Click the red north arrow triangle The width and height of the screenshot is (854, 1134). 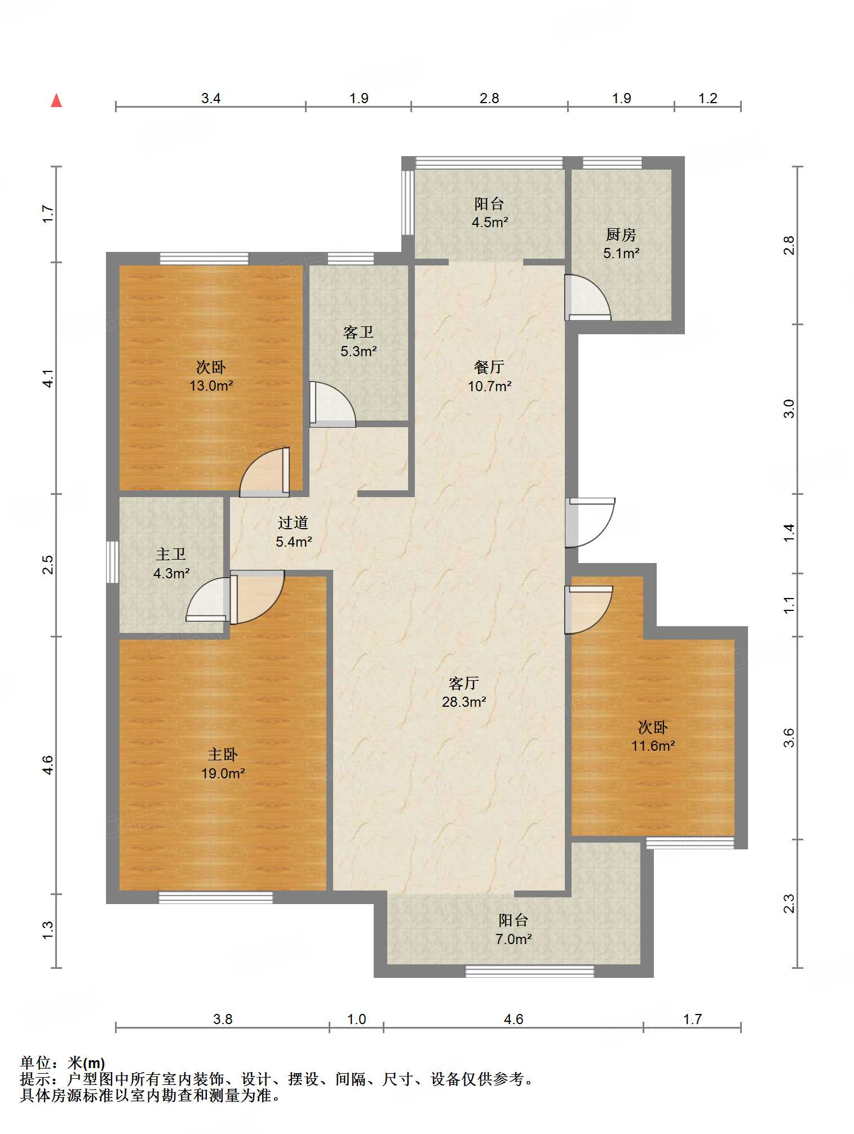point(56,100)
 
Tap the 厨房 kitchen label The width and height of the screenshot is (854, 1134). point(621,234)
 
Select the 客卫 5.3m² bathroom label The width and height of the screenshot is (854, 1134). point(359,342)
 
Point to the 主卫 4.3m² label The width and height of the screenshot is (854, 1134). point(171,564)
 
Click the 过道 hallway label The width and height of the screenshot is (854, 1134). point(293,523)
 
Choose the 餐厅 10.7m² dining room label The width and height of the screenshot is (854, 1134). point(489,376)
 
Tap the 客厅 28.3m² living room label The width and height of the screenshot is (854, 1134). point(464,692)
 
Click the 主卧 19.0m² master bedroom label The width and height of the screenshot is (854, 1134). point(223,764)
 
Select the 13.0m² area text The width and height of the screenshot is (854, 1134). point(211,386)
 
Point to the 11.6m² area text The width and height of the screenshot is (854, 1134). point(653,746)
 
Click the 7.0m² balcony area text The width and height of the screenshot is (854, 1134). point(514,940)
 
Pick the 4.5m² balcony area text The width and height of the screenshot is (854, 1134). point(490,223)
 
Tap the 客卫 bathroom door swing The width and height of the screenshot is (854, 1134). point(333,404)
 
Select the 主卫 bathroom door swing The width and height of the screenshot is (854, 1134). point(207,600)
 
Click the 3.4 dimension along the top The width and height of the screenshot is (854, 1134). point(211,99)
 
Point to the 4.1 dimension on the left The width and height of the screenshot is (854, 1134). point(48,378)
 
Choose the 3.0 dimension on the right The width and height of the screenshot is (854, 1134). point(789,409)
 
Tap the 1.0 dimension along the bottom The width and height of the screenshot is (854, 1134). point(356,1019)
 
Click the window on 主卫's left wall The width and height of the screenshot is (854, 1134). point(113,562)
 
